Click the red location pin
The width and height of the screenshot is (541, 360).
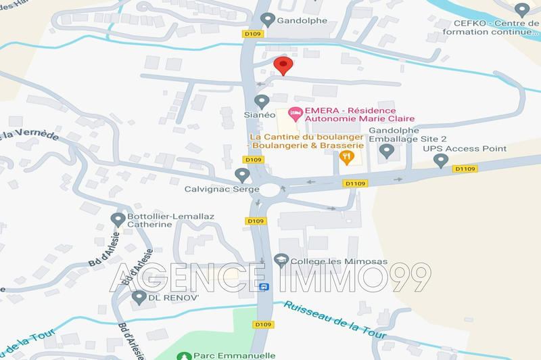point(283,66)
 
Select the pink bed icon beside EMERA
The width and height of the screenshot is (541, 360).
point(294,112)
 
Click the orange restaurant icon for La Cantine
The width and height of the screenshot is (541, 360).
point(346,157)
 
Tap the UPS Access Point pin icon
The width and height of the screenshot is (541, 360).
point(441,160)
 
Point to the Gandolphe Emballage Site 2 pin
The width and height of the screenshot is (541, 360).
point(386,150)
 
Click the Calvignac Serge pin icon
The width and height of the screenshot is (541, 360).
point(241,175)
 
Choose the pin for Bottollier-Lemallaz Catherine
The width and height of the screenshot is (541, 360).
point(116,219)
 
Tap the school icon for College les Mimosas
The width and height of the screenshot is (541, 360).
point(281,260)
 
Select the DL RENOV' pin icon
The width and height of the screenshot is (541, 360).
point(139,297)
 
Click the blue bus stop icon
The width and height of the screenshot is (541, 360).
point(264,286)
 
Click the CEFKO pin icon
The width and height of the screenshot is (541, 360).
point(521,9)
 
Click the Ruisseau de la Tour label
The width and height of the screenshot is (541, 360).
point(334,319)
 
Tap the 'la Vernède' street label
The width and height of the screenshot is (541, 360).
point(30,133)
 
